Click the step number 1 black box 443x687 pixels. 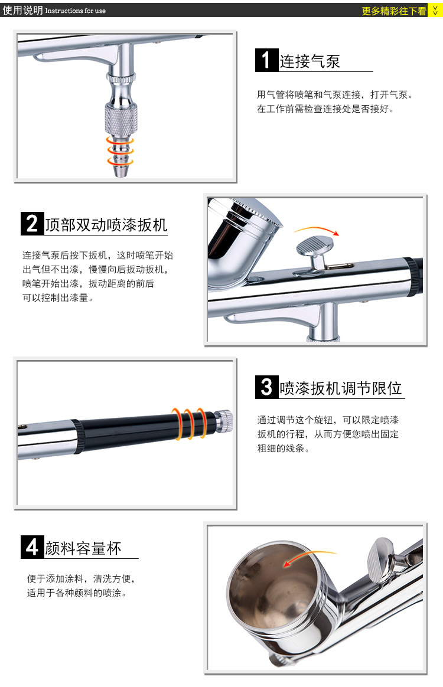[x=266, y=60]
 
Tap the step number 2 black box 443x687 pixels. [x=32, y=224]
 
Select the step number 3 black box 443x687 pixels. [x=266, y=387]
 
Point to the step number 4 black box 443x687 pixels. [x=32, y=547]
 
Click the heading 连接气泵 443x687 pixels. [x=310, y=61]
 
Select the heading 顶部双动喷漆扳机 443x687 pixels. [x=106, y=225]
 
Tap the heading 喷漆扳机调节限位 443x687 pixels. [x=341, y=388]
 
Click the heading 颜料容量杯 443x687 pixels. [x=83, y=548]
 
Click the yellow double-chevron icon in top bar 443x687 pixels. [x=435, y=11]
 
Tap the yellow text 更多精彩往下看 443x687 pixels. [x=394, y=11]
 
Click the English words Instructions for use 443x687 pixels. [x=76, y=11]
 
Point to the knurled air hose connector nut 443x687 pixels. [x=121, y=118]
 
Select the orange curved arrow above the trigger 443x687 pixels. [x=317, y=229]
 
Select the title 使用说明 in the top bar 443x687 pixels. [x=23, y=10]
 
